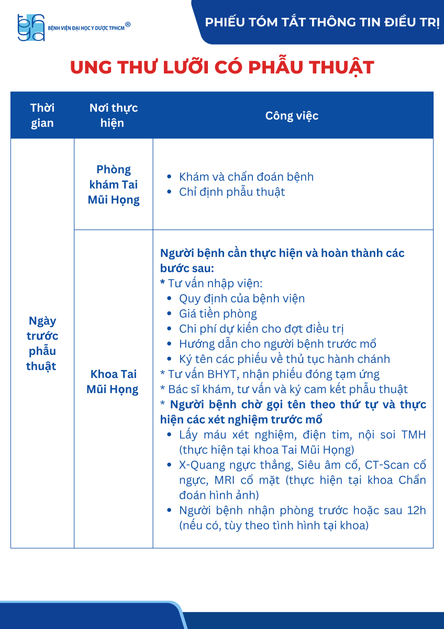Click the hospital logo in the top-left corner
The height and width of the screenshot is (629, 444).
(31, 27)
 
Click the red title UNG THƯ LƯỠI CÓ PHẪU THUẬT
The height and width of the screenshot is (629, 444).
(222, 68)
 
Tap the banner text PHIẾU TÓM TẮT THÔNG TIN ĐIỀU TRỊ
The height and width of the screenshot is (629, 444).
(322, 23)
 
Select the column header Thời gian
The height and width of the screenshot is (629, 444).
(42, 115)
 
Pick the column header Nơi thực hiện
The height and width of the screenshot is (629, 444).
(114, 115)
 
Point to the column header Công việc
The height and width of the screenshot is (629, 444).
(292, 115)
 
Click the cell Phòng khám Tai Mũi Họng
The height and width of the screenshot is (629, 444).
(114, 185)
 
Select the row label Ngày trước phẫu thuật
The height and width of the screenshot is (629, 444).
(42, 343)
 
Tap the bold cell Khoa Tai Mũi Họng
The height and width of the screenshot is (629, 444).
(113, 382)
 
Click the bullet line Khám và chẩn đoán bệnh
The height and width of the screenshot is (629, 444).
(246, 177)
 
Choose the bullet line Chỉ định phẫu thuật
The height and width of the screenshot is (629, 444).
(232, 192)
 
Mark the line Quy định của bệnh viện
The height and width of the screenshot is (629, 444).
(241, 299)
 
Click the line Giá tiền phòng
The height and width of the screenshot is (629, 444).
(218, 314)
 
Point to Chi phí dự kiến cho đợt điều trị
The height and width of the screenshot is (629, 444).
(261, 329)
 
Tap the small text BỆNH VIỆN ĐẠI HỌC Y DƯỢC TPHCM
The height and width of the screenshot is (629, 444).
(86, 27)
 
